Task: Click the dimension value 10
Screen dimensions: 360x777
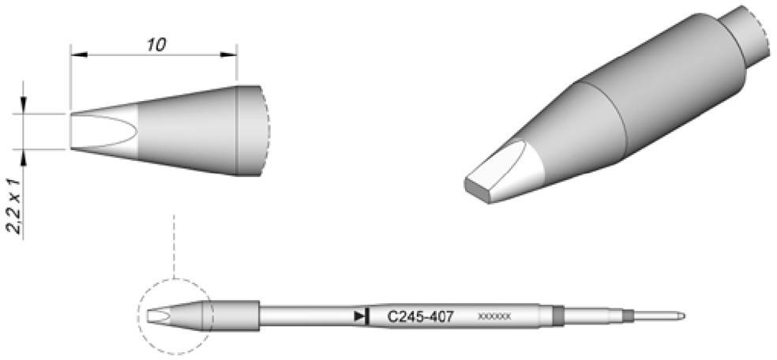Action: click(x=155, y=45)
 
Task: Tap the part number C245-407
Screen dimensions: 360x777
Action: click(x=420, y=317)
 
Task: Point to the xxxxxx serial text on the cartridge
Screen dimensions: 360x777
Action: click(x=494, y=317)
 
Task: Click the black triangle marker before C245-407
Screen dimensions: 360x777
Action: click(x=361, y=317)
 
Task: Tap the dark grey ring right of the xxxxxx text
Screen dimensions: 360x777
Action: click(x=558, y=317)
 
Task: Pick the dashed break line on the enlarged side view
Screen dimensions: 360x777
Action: click(x=268, y=129)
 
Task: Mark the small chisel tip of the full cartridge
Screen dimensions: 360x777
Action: click(x=156, y=317)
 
